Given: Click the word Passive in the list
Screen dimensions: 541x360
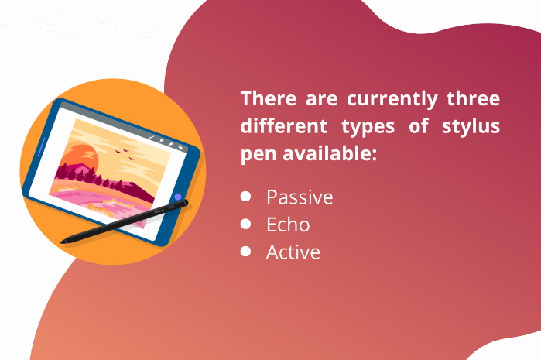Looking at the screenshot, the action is pos(300,197).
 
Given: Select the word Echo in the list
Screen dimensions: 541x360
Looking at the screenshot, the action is pos(288,225).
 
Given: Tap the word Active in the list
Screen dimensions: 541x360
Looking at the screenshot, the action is pos(293,252).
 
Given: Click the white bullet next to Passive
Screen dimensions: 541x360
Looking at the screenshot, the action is pos(245,197).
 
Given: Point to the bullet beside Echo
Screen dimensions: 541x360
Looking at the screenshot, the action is pos(245,224).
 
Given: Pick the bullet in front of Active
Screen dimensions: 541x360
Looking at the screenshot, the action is pos(245,251).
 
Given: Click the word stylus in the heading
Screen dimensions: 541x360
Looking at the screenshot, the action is pos(471,127).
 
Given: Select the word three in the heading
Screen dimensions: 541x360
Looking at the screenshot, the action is pos(474,98).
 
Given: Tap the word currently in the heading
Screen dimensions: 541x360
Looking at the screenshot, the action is pos(392,100).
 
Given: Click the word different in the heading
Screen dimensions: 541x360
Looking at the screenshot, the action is pos(283,125).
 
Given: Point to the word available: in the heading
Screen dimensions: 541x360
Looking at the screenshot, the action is pos(330,153).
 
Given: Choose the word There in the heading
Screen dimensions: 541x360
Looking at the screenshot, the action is pos(269,98).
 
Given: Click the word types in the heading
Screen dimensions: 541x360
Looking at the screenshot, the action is pos(368,127).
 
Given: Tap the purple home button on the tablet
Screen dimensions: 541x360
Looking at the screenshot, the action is pos(178,197).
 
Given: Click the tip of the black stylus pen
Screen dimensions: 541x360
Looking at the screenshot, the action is pos(62,242).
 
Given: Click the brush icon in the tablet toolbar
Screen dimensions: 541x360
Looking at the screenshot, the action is pos(152,137).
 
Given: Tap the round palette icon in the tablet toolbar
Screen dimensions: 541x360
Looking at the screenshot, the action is pos(180,147).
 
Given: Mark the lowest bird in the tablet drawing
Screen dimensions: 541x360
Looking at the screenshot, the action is pos(131,159).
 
